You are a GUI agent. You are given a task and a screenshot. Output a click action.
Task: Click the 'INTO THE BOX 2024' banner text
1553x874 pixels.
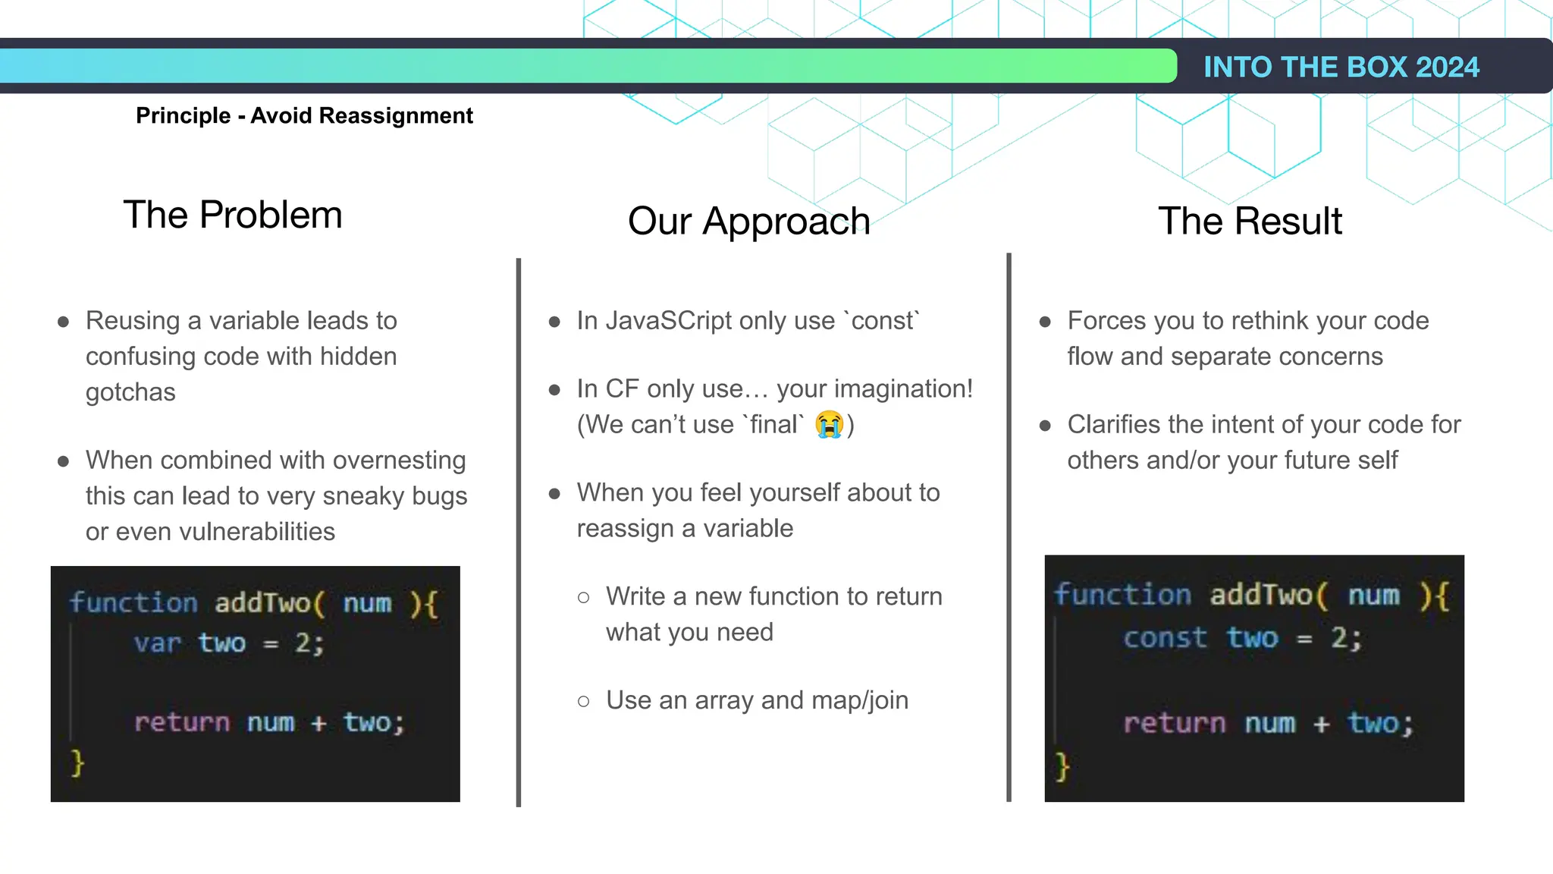click(1341, 67)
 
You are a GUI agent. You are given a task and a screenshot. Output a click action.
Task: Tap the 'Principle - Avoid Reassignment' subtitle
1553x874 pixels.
click(304, 115)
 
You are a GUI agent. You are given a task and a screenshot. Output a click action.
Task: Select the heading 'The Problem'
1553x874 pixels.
click(233, 215)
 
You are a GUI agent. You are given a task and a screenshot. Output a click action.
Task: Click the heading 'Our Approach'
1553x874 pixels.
click(748, 221)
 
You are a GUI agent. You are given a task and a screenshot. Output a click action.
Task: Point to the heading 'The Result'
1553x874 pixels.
click(1250, 221)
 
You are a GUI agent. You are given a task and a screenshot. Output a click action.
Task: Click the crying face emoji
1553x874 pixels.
click(830, 424)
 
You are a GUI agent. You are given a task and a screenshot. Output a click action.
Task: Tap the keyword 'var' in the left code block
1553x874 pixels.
click(157, 643)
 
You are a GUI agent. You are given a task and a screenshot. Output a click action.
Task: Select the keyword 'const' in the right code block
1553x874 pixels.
click(1165, 638)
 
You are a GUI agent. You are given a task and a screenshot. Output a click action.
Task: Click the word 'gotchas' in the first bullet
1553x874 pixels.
click(130, 392)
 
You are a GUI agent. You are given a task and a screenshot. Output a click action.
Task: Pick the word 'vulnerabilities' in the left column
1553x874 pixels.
click(257, 531)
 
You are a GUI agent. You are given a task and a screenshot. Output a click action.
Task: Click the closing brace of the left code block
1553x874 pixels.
click(77, 762)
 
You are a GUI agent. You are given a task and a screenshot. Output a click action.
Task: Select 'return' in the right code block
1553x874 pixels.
click(1174, 723)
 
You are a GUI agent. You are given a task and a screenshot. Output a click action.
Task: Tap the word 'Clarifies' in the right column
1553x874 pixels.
click(1114, 425)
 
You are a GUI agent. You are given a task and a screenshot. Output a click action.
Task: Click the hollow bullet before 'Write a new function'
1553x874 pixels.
click(583, 598)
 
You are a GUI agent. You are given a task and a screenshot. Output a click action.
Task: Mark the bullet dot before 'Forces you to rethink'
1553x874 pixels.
click(1045, 322)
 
